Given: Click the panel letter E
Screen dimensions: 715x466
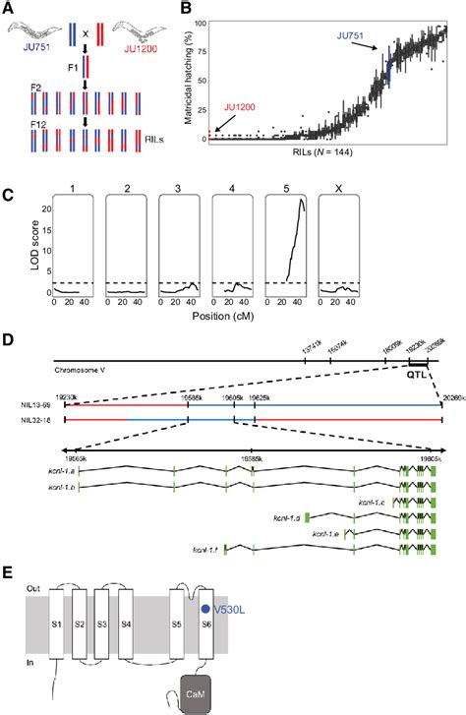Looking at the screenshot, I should [x=10, y=572].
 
